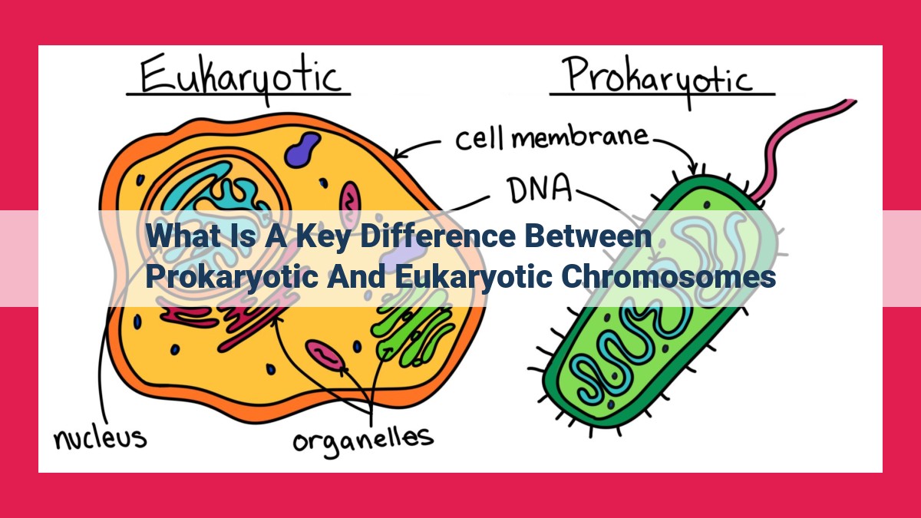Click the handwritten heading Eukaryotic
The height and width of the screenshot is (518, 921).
pos(240,78)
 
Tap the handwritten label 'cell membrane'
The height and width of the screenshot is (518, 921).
pos(552,139)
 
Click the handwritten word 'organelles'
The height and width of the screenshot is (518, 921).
pos(363,440)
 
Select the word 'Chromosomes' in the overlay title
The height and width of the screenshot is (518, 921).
pos(668,277)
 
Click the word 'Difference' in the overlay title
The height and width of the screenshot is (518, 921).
pos(437,236)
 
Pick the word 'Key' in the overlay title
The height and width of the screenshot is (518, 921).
pos(324,238)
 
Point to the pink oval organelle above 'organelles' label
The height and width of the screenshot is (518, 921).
pos(325,355)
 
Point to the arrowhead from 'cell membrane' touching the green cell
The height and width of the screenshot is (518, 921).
pos(694,170)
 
